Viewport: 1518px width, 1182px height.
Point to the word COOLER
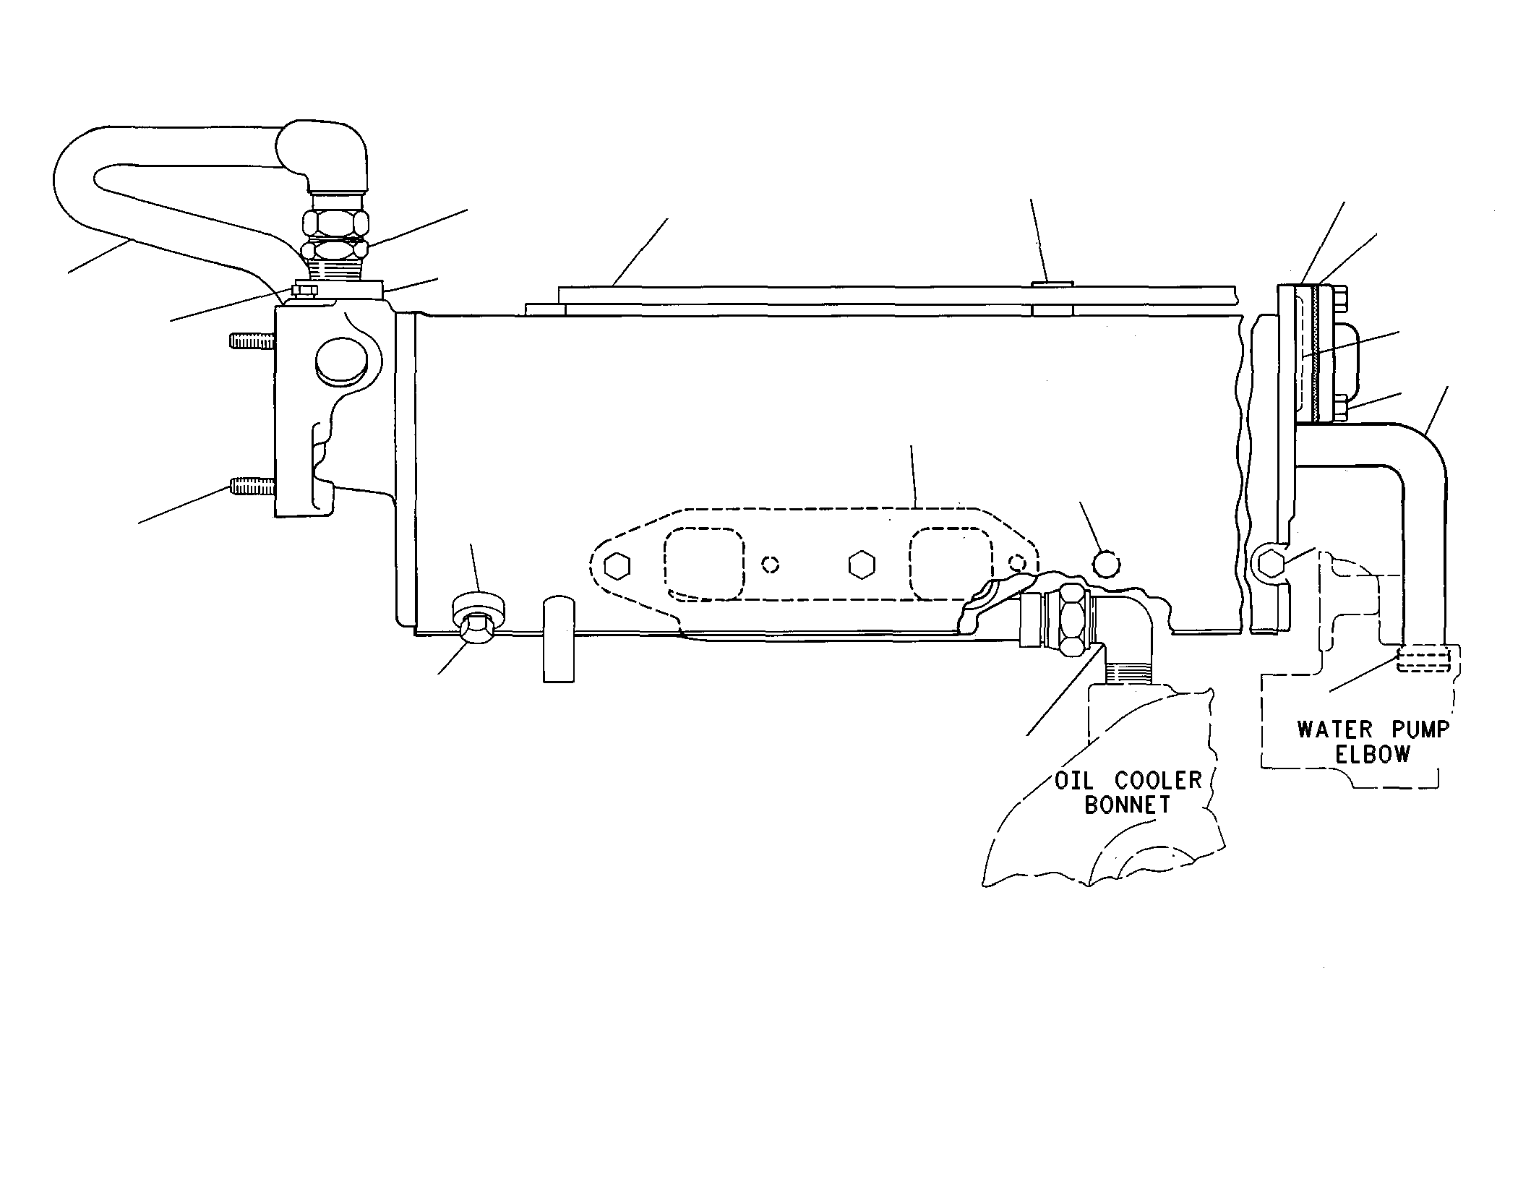(1158, 781)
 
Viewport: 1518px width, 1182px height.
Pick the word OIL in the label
(1074, 781)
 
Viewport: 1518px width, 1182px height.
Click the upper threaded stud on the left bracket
(252, 341)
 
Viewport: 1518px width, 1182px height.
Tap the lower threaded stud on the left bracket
(252, 486)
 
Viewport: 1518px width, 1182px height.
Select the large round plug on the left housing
(342, 364)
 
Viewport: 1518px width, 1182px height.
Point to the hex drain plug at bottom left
(478, 628)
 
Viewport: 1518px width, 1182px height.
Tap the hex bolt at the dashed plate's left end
(616, 566)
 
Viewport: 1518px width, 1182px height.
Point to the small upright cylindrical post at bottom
(559, 638)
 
